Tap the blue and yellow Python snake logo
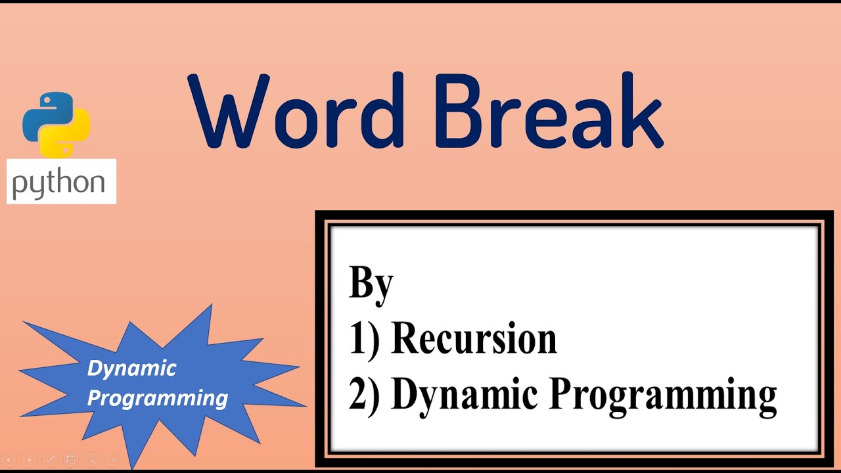click(x=56, y=124)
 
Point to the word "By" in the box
click(x=371, y=283)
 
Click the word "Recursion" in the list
click(x=474, y=339)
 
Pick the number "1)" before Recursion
click(x=364, y=339)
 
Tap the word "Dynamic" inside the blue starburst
click(x=131, y=368)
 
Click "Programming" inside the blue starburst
click(x=158, y=397)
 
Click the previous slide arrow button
click(x=9, y=460)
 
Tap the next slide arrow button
click(x=30, y=460)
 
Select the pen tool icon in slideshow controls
click(x=50, y=460)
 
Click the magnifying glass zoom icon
click(x=91, y=460)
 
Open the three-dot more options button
click(x=112, y=460)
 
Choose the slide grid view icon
click(x=70, y=460)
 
